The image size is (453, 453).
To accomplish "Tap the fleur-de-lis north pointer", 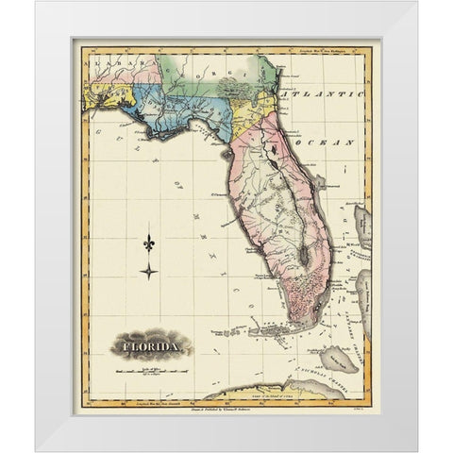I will pos(148,243).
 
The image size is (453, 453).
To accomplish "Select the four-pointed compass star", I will pos(148,272).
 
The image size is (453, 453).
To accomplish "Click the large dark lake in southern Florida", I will pos(303,253).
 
